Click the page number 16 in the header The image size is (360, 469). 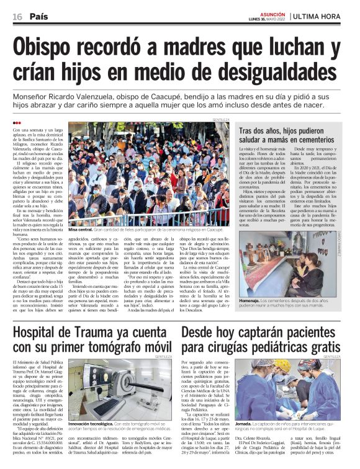click(x=17, y=17)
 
